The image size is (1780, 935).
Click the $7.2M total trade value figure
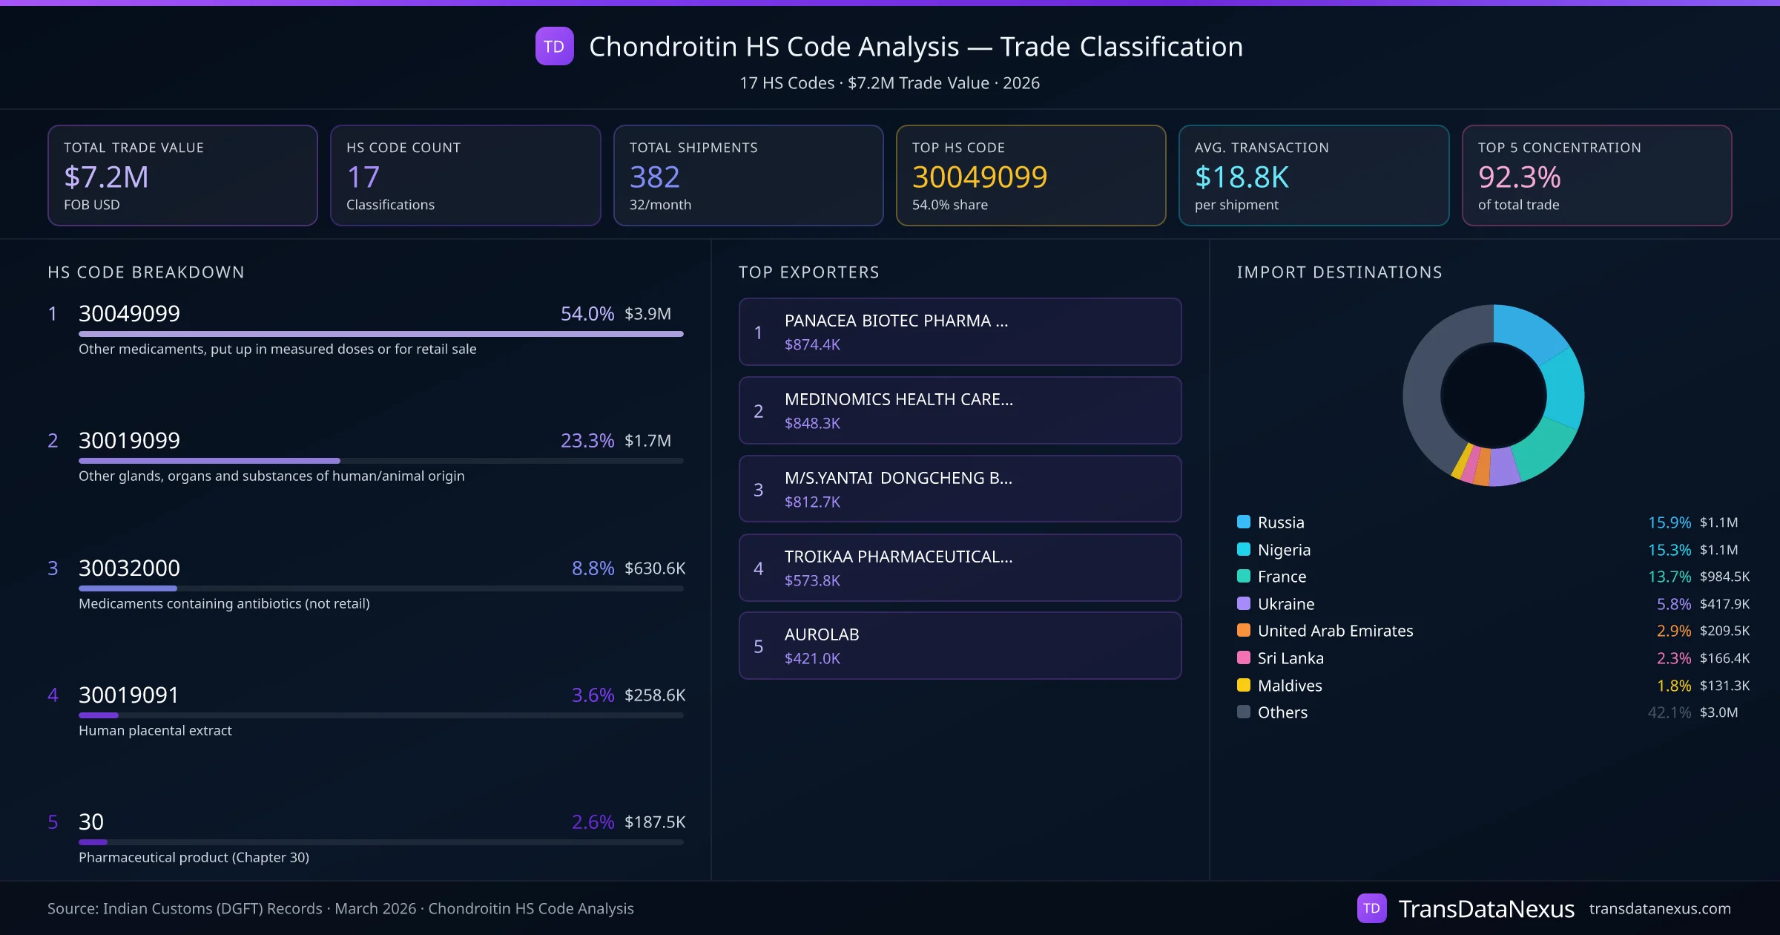[106, 177]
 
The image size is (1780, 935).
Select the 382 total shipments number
[654, 177]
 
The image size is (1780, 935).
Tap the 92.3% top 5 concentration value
[1519, 177]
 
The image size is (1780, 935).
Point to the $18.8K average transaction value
[1242, 177]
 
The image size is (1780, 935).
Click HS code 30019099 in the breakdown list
[129, 441]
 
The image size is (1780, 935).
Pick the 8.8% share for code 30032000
[593, 568]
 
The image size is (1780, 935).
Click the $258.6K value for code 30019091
[654, 695]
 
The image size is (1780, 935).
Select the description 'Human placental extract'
[155, 731]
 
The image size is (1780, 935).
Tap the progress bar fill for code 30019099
[209, 461]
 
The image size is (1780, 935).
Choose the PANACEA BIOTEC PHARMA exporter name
[896, 321]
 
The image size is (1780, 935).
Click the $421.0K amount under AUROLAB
[812, 659]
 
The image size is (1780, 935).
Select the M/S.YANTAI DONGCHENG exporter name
[897, 478]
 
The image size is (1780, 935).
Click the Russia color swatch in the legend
[1244, 522]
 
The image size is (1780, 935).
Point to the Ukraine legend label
[1286, 604]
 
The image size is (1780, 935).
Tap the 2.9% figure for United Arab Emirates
[1673, 631]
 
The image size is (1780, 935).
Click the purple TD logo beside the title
[554, 47]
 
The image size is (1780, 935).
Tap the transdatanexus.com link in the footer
[1660, 909]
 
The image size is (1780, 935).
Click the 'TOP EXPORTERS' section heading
[808, 272]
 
